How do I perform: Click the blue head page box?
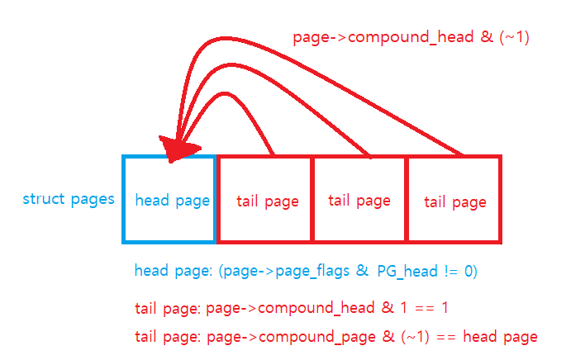tap(169, 199)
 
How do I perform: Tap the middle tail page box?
tap(359, 199)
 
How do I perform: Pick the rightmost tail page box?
tap(454, 199)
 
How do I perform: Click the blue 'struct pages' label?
tap(69, 199)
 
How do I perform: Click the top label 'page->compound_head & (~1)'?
tap(411, 37)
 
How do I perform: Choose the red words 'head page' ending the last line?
tap(501, 336)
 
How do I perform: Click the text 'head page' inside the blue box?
tap(172, 200)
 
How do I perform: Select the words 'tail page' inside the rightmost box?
tap(455, 201)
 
